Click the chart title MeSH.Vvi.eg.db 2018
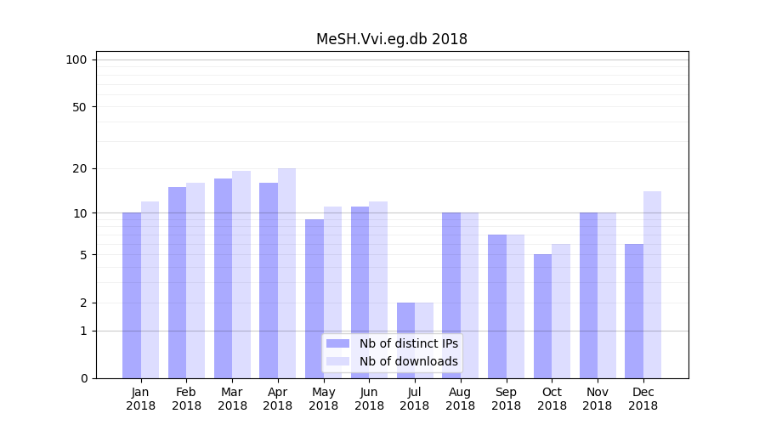click(391, 39)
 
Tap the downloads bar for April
click(286, 273)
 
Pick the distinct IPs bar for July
click(405, 340)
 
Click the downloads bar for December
click(652, 285)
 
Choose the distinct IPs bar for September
click(497, 306)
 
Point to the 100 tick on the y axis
click(76, 59)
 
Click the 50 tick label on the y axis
click(79, 107)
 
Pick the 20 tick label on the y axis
click(79, 168)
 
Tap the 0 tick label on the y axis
click(83, 378)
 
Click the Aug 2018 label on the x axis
click(460, 399)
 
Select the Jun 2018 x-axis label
click(369, 399)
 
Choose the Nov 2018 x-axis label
click(598, 399)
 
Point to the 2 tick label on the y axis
click(83, 303)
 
